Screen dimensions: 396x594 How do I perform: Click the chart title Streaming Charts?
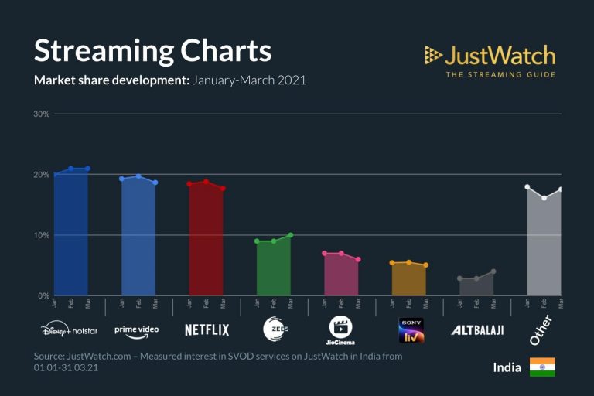click(152, 51)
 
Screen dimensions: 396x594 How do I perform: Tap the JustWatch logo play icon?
click(433, 56)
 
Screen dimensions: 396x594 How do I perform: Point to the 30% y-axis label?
click(41, 114)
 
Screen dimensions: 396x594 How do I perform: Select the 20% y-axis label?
click(41, 175)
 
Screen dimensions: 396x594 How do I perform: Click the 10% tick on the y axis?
click(41, 235)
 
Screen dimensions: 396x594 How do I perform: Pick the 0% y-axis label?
click(43, 295)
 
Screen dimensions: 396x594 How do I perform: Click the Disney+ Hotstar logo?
click(70, 330)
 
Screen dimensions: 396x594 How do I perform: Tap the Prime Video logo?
click(137, 330)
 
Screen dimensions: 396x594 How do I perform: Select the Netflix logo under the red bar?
click(207, 330)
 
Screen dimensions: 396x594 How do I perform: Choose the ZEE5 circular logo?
click(274, 329)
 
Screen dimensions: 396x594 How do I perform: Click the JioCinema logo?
click(341, 329)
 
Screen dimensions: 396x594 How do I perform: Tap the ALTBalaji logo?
click(477, 330)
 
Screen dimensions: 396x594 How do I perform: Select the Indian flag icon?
click(542, 367)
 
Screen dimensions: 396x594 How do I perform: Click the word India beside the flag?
click(507, 367)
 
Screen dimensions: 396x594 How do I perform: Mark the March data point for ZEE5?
click(290, 235)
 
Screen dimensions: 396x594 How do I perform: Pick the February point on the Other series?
click(544, 198)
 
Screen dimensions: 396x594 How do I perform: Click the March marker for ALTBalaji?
click(493, 271)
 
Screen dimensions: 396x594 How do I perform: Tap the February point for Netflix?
click(206, 182)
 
